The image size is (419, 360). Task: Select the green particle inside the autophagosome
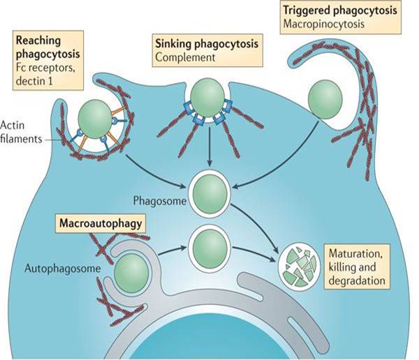coord(131,271)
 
